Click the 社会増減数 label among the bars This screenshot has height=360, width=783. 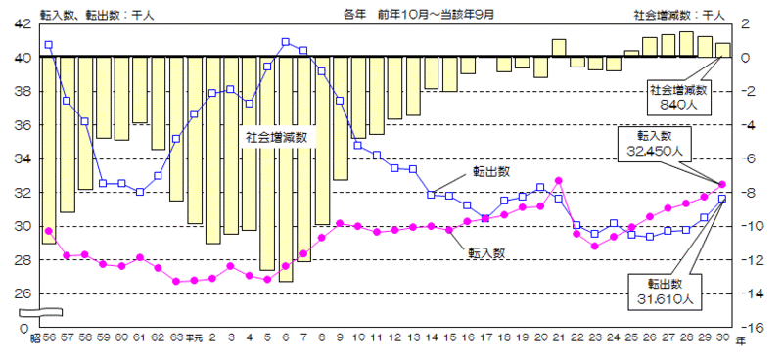[x=276, y=137]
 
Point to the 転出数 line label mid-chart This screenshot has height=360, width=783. [x=489, y=171]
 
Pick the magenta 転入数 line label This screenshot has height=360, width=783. [x=486, y=253]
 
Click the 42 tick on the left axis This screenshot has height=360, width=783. [x=22, y=23]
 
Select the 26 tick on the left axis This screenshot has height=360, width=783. [x=22, y=293]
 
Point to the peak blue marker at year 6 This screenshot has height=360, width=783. [x=285, y=42]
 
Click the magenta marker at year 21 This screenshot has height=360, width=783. [x=558, y=180]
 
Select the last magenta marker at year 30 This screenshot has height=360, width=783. [x=722, y=184]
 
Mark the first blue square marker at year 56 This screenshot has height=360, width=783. [x=48, y=45]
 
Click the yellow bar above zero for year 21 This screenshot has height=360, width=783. [x=559, y=48]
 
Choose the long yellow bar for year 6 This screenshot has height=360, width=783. [x=285, y=168]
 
